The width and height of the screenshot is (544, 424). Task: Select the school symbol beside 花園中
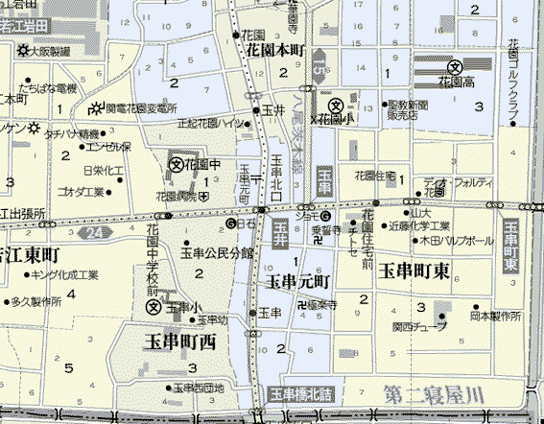click(x=177, y=164)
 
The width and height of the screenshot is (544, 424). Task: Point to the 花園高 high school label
click(x=463, y=82)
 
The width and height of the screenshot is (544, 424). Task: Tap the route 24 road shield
click(x=94, y=232)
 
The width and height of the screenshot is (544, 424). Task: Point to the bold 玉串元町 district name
click(x=298, y=282)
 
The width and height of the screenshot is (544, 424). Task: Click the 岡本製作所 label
click(x=495, y=315)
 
